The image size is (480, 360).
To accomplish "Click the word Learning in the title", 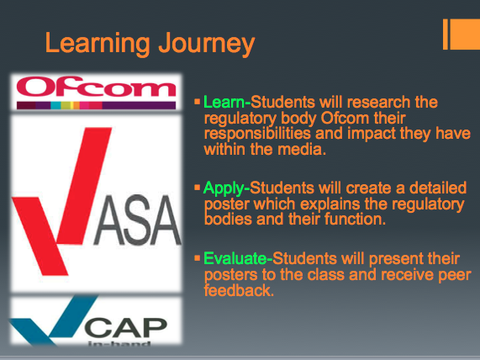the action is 98,44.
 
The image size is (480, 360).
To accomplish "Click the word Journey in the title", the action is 207,44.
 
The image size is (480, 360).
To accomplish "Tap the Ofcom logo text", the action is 96,87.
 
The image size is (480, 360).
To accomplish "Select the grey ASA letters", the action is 138,220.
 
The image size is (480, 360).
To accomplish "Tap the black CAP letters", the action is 126,327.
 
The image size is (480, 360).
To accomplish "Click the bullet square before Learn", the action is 197,102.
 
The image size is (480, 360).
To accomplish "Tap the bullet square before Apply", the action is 197,187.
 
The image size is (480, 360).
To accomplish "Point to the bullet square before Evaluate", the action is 197,258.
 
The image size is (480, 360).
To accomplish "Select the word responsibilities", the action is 257,135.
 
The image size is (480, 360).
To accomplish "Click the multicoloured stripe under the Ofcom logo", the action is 96,105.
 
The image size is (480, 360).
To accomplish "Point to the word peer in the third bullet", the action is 455,275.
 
